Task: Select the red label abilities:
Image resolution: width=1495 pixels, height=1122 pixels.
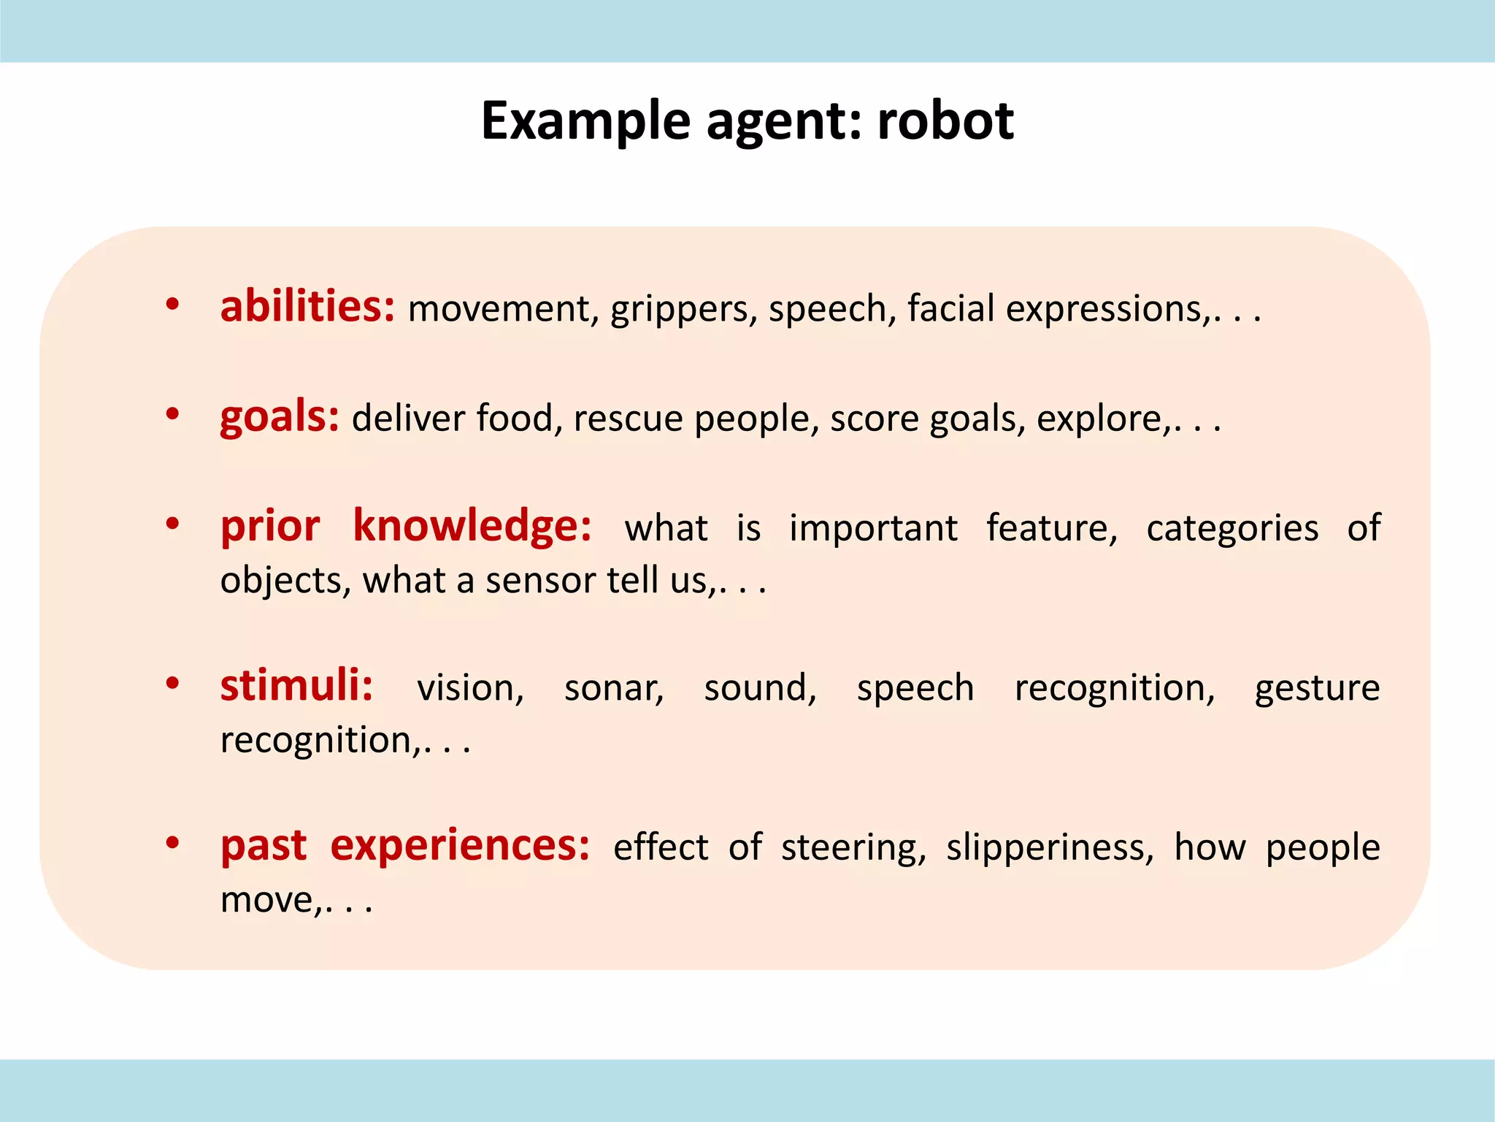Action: tap(307, 306)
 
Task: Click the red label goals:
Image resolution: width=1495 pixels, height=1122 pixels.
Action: tap(280, 417)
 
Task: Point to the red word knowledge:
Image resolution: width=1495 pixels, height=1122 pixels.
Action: tap(472, 525)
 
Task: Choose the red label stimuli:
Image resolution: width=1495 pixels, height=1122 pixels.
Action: tap(296, 686)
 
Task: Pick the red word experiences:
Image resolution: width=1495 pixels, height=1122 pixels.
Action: tap(460, 846)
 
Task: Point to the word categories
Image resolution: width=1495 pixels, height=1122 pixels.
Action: tap(1232, 528)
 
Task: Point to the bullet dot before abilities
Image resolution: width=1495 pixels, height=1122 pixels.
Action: tap(172, 304)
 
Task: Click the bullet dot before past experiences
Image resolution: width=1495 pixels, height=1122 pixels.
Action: tap(172, 844)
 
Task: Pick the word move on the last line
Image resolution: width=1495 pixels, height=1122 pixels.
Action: tap(269, 900)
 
